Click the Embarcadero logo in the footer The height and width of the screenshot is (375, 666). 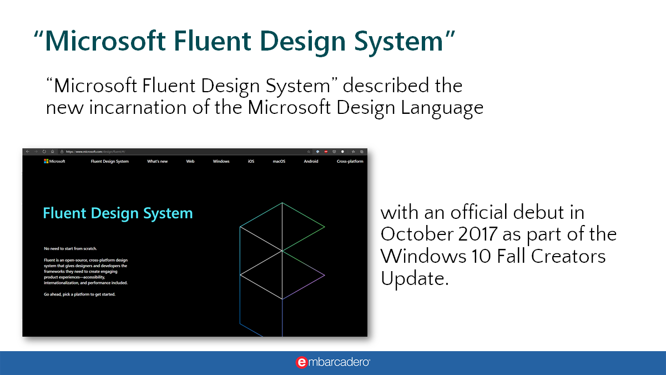pyautogui.click(x=333, y=362)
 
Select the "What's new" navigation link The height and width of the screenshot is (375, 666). pyautogui.click(x=157, y=162)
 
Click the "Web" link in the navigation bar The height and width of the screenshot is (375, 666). pyautogui.click(x=190, y=162)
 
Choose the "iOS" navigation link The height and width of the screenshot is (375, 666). pyautogui.click(x=251, y=162)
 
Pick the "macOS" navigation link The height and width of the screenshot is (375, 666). pyautogui.click(x=279, y=162)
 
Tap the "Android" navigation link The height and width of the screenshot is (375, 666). pyautogui.click(x=311, y=162)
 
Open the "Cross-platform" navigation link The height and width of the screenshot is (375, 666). pyautogui.click(x=350, y=162)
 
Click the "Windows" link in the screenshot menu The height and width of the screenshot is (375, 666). pyautogui.click(x=221, y=162)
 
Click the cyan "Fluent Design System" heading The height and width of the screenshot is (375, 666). pyautogui.click(x=118, y=213)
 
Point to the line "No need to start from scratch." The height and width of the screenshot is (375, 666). pyautogui.click(x=74, y=248)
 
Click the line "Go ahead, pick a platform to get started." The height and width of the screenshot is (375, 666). pyautogui.click(x=79, y=294)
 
